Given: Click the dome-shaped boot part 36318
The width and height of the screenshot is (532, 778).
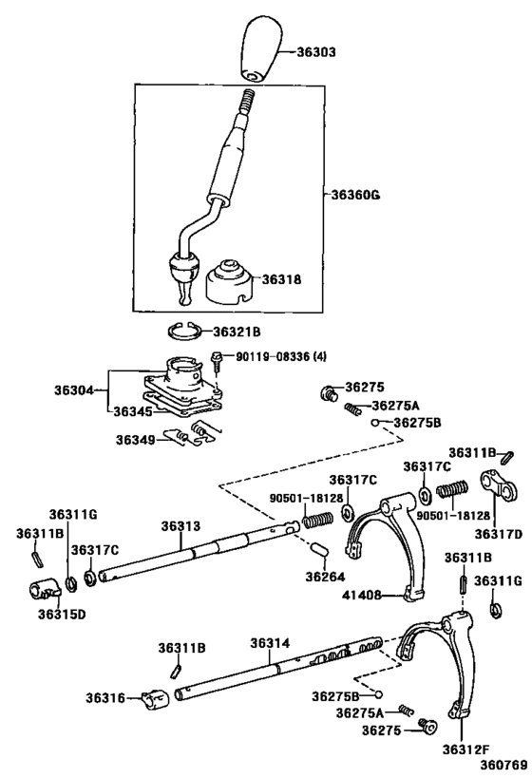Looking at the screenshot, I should coord(228,279).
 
